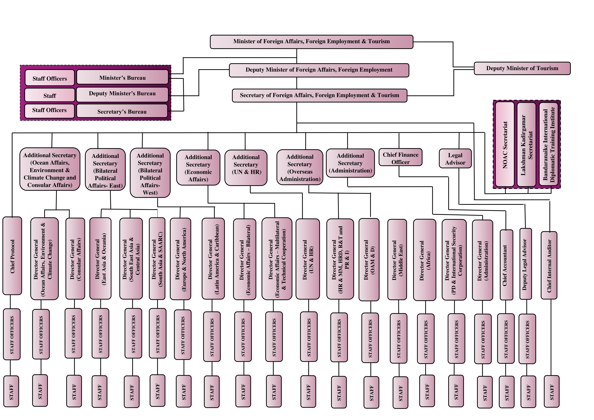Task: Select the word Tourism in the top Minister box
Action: [379, 41]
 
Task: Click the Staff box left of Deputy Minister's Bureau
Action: [50, 95]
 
